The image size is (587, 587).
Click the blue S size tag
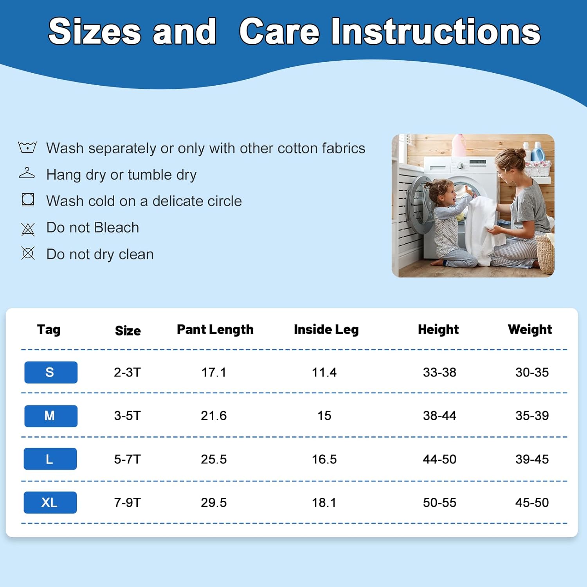coord(51,372)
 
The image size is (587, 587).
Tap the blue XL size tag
coord(50,502)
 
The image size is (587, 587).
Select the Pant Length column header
coord(215,330)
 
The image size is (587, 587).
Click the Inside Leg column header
coord(326,330)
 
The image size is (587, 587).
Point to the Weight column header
coord(530,330)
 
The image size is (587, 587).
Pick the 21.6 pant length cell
coord(214,416)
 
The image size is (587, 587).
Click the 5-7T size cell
coord(127,459)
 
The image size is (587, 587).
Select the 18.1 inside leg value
coord(324,502)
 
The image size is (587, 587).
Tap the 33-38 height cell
coord(439,372)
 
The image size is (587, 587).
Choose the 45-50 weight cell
coord(532,502)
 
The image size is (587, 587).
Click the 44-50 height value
coord(439,459)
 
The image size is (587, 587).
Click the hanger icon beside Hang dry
coord(27,173)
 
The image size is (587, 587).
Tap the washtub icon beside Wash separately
coord(27,147)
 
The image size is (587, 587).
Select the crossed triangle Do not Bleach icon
coord(28,229)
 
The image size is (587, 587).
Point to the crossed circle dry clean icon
coord(28,254)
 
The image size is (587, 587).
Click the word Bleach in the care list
coord(117,227)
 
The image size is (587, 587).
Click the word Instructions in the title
coord(436,31)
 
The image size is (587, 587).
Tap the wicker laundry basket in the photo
coord(545,254)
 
